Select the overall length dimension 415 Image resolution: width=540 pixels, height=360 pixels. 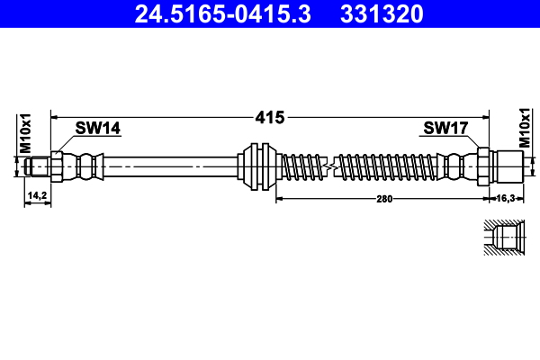(x=270, y=117)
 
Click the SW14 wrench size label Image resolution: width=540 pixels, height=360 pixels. (x=97, y=129)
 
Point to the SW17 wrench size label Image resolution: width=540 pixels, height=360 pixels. (x=445, y=129)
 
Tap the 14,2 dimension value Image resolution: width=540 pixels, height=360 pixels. (x=37, y=195)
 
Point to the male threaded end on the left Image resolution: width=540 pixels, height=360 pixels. (x=37, y=166)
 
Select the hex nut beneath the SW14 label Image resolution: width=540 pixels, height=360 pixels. (x=57, y=166)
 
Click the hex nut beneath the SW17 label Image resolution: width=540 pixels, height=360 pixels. (x=482, y=166)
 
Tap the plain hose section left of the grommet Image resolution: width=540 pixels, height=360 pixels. (x=171, y=166)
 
